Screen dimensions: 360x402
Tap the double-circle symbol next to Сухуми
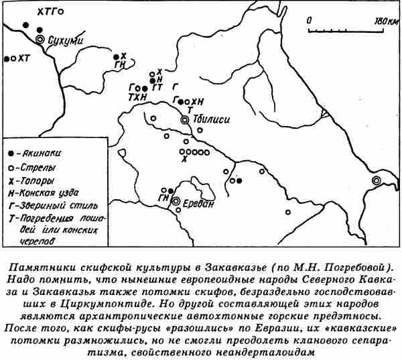pos(40,40)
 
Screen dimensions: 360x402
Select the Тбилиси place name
pos(211,119)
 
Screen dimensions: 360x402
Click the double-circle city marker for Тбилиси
pos(185,119)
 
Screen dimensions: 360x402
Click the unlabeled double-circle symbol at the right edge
pos(377,180)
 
